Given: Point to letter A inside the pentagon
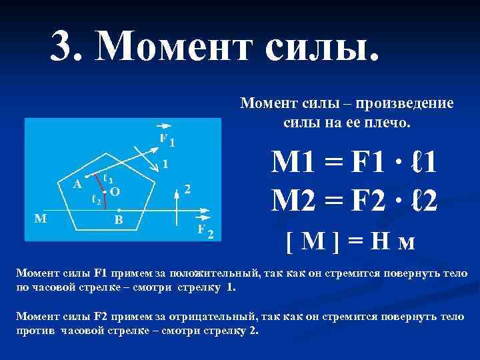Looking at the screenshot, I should (x=77, y=185).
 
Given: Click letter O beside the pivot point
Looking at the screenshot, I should (x=114, y=192).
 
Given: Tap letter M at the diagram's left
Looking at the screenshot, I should (x=41, y=217).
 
